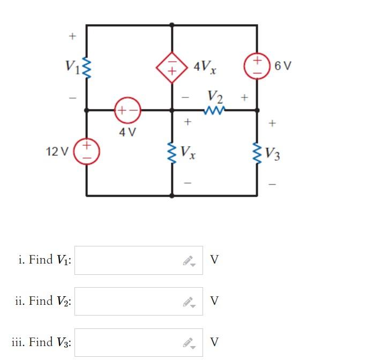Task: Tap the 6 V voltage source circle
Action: [257, 66]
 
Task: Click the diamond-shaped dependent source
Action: [171, 67]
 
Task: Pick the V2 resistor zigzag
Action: [214, 110]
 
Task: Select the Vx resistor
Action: [172, 152]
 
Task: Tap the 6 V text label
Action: [283, 66]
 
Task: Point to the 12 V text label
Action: [58, 151]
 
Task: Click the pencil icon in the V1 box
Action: [189, 261]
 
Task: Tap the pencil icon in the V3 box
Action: [189, 343]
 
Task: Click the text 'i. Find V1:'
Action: [45, 260]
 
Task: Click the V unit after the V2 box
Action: [214, 301]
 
